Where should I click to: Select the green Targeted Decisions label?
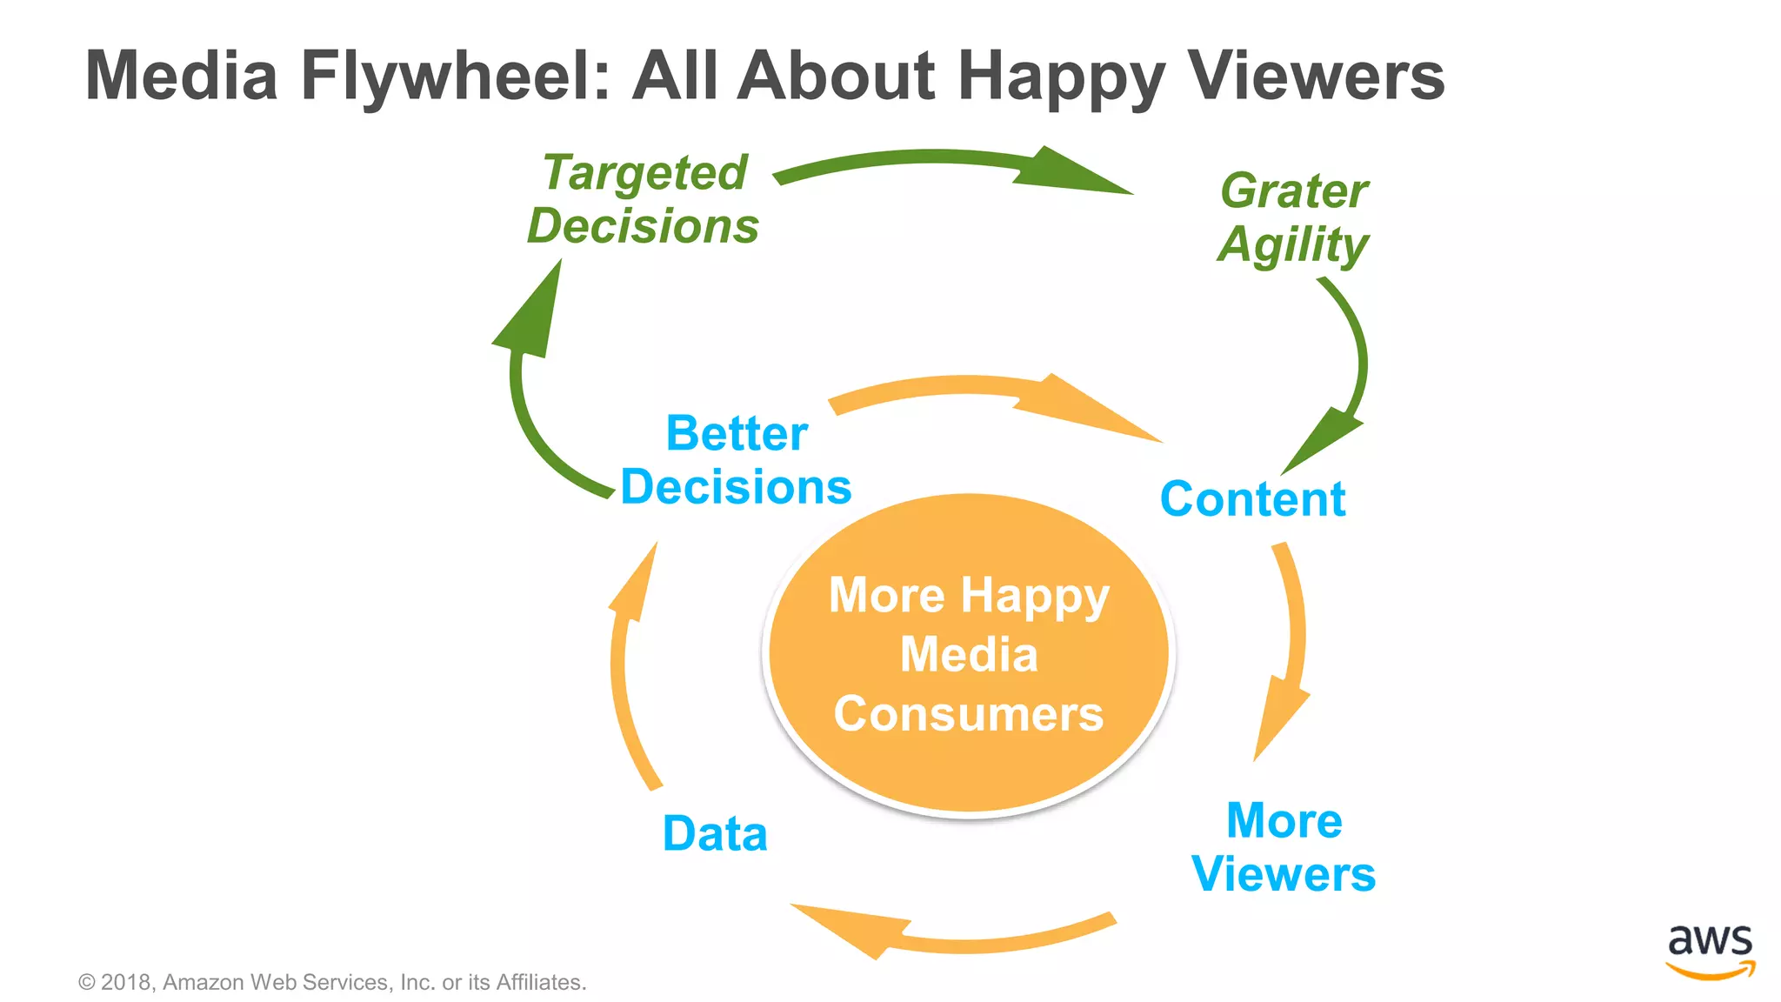coord(644,199)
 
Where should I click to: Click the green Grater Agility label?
coord(1293,217)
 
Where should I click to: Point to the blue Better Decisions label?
coord(736,460)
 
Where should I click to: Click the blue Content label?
coord(1252,499)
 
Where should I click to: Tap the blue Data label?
coord(715,833)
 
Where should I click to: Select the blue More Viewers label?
coord(1284,847)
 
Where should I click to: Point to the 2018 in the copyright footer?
coord(126,983)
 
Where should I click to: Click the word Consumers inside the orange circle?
coord(969,714)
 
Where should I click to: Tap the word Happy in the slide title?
coord(1060,77)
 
